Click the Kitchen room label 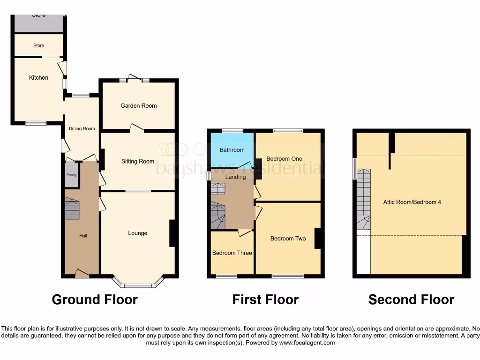(x=38, y=77)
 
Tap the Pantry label (x=71, y=175)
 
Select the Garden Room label (x=139, y=106)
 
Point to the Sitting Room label (x=138, y=162)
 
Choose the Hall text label (x=83, y=236)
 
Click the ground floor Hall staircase (x=72, y=209)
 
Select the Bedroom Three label (x=232, y=253)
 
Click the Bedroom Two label (x=288, y=239)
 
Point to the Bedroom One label (x=285, y=159)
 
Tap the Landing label (x=235, y=177)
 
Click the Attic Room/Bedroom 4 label (x=412, y=202)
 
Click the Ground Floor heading (x=95, y=300)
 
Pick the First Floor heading (x=265, y=300)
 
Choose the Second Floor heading (x=411, y=300)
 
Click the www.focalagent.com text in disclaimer (x=307, y=343)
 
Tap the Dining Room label (x=82, y=129)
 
